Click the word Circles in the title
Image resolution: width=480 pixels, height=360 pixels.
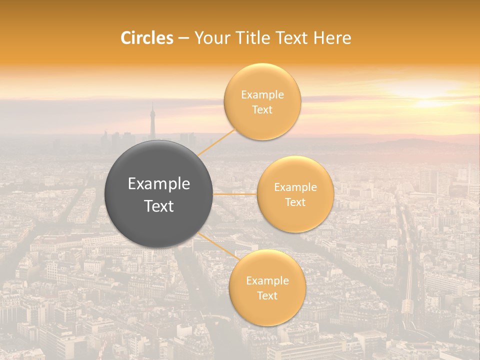pyautogui.click(x=146, y=38)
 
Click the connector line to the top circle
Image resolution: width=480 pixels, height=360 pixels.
pyautogui.click(x=216, y=143)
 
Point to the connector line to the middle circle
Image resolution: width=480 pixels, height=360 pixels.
pyautogui.click(x=235, y=194)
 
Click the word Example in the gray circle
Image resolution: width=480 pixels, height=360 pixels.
pyautogui.click(x=159, y=184)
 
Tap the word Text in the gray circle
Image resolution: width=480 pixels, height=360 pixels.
pyautogui.click(x=159, y=206)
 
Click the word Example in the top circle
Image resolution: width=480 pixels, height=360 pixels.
pyautogui.click(x=262, y=95)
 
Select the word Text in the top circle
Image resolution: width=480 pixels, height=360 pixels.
pyautogui.click(x=262, y=110)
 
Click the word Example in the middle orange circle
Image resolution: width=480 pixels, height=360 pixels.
pyautogui.click(x=295, y=187)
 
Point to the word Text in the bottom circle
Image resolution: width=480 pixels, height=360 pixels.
pyautogui.click(x=267, y=296)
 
